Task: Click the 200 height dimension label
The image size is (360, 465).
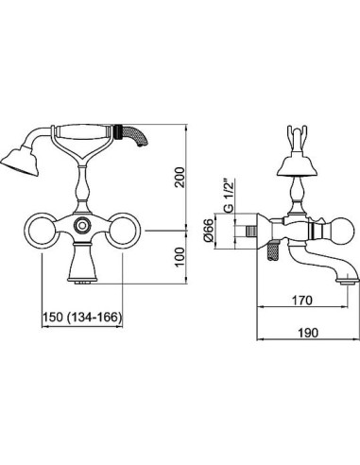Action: click(180, 178)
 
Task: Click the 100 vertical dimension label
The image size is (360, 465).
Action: click(180, 257)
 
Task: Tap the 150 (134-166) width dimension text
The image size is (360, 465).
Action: click(82, 318)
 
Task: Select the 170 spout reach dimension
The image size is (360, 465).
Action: click(302, 301)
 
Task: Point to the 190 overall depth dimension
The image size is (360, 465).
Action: click(308, 333)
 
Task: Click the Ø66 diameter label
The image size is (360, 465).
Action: click(209, 230)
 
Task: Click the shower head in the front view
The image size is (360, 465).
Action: click(20, 162)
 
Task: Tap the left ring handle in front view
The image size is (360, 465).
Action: click(42, 231)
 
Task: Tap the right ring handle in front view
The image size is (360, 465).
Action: click(123, 231)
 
